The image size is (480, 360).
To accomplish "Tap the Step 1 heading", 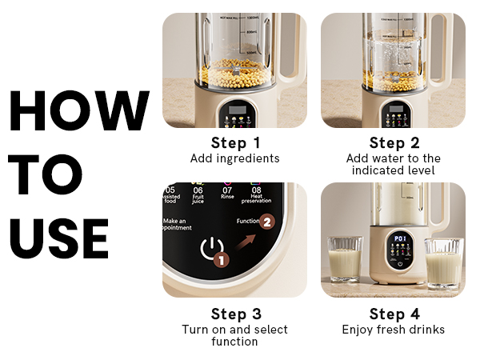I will (234, 143).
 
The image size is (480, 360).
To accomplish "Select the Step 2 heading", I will (394, 143).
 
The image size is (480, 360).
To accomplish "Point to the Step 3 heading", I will (234, 314).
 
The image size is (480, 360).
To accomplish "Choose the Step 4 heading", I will (394, 314).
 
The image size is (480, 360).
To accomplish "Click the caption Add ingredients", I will (234, 158).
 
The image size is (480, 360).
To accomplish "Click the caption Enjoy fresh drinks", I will (394, 330).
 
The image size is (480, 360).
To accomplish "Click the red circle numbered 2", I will (268, 220).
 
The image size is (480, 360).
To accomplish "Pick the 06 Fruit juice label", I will (198, 196).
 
